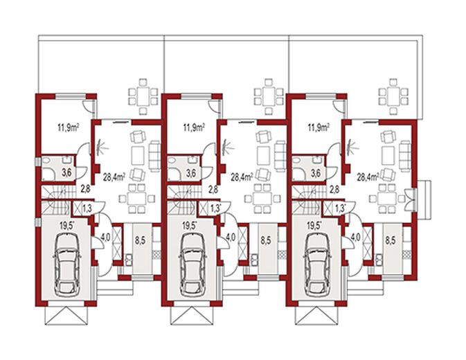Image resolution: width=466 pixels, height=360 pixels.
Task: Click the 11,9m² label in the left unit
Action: (x=68, y=128)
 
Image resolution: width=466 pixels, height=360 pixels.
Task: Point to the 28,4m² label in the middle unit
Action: (x=242, y=177)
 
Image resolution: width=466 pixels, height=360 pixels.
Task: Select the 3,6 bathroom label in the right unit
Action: (x=316, y=173)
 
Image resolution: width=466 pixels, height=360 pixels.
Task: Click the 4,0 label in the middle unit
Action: (x=231, y=237)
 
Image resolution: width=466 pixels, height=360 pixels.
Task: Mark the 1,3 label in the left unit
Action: (x=87, y=207)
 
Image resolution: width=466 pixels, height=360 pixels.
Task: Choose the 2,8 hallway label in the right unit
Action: (x=334, y=190)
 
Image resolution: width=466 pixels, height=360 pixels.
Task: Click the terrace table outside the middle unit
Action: (x=269, y=96)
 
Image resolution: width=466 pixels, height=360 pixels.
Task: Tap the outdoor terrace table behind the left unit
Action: (x=143, y=96)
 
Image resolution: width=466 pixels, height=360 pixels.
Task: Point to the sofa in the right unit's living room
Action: (x=405, y=156)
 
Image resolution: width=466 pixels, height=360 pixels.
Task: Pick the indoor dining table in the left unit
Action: (x=137, y=199)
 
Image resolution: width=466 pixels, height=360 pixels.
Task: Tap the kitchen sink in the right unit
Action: (x=379, y=260)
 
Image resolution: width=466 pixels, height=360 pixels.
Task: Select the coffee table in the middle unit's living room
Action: (x=262, y=155)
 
